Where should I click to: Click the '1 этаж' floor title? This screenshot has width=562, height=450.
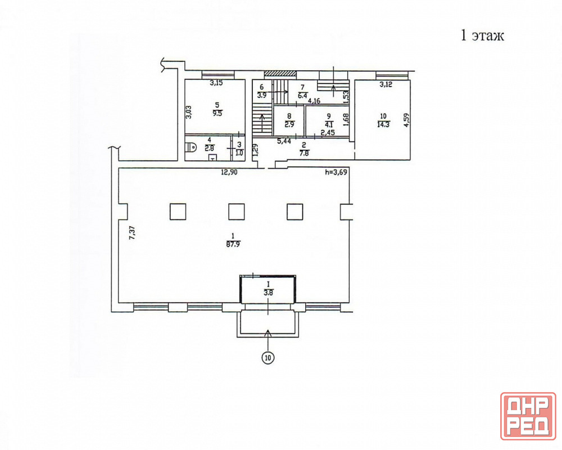[482, 36]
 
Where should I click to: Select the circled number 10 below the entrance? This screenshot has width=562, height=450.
[268, 357]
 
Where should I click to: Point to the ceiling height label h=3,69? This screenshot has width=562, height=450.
[336, 172]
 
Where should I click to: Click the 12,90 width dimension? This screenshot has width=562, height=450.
[229, 172]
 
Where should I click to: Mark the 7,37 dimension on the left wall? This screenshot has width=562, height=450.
[132, 232]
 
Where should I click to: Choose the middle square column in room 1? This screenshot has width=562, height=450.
[237, 211]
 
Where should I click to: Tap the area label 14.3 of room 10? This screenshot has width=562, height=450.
[383, 124]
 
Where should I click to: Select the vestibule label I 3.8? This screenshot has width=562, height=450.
[268, 289]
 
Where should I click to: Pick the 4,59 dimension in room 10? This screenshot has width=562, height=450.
[406, 120]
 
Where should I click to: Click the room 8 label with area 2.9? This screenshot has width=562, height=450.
[289, 120]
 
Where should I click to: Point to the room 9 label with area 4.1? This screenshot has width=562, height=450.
[329, 120]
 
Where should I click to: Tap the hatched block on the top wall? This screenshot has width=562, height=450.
[280, 74]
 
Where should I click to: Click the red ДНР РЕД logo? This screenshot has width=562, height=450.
[528, 416]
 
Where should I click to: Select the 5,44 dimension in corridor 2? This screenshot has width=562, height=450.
[284, 141]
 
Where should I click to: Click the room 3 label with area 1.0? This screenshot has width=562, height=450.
[239, 148]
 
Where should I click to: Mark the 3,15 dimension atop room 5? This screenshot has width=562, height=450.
[216, 83]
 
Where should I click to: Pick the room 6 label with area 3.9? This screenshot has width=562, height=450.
[262, 91]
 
